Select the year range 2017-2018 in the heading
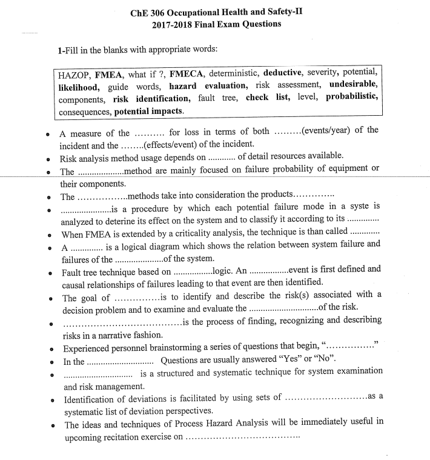click(x=174, y=24)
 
